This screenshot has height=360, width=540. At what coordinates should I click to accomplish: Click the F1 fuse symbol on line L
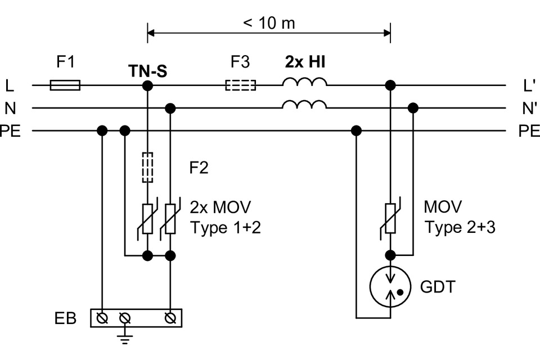coord(65,85)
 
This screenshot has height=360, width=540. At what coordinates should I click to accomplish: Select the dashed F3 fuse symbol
coord(240,85)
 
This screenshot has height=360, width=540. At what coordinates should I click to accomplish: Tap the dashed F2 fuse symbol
coord(147,167)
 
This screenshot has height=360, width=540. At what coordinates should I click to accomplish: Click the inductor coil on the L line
coord(304,83)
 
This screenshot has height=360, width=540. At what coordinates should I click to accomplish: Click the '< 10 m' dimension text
coord(269,24)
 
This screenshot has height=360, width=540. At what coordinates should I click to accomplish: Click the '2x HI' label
coord(304,62)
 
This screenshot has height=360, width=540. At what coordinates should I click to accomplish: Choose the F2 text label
coord(199,168)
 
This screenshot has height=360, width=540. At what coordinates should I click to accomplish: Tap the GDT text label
coord(437,287)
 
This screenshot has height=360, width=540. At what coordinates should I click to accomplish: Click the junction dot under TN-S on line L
coord(147,85)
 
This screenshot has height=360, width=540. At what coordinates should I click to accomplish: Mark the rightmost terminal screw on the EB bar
coord(169,318)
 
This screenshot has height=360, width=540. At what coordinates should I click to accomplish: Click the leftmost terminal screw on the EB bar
coord(102,318)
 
